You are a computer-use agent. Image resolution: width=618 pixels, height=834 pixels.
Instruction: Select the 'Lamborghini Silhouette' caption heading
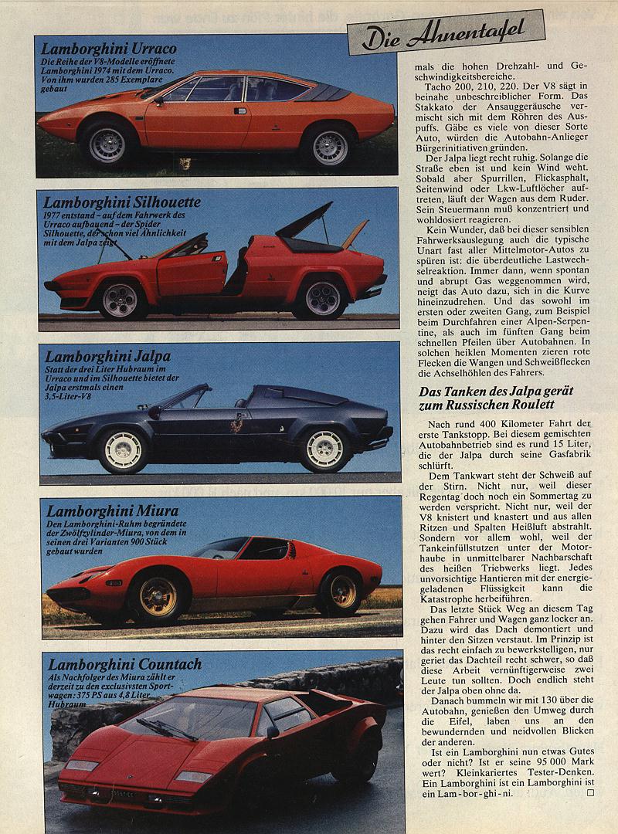[x=122, y=202]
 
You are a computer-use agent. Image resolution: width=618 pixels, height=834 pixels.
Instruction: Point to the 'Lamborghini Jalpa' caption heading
[x=107, y=357]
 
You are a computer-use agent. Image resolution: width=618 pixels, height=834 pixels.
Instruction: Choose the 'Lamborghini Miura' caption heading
[x=112, y=510]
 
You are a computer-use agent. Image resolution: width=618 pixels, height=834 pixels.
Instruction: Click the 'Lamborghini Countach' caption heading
[x=124, y=664]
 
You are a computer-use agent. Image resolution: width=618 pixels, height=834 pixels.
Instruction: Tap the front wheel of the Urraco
[x=107, y=144]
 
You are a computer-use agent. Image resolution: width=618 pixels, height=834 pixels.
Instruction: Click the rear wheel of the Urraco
[x=329, y=146]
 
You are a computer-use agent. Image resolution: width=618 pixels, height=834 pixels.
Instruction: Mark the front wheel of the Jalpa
[x=123, y=450]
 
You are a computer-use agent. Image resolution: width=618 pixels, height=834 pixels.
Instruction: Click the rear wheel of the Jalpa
[x=324, y=449]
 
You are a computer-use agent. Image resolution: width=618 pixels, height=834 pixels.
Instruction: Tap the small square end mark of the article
[x=592, y=792]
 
